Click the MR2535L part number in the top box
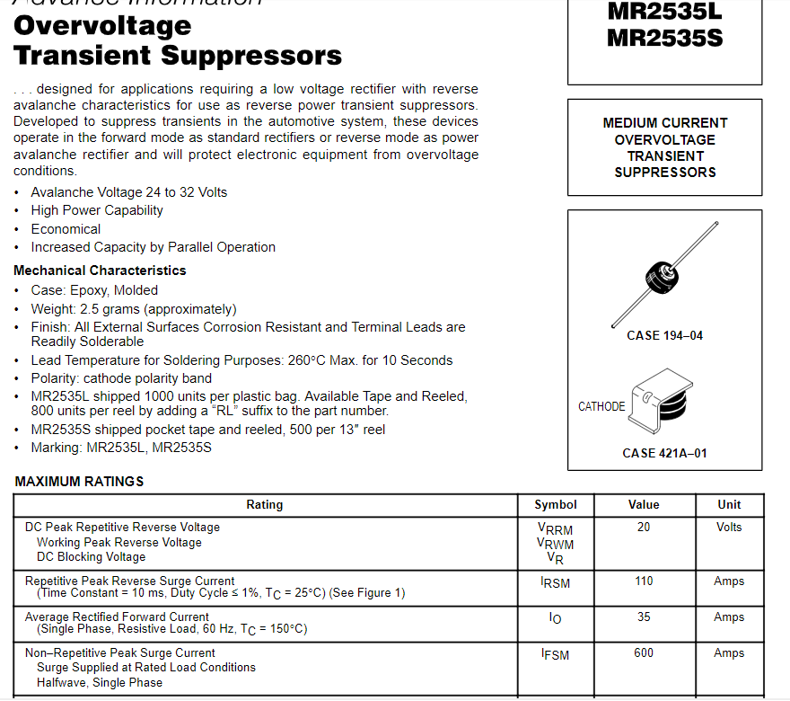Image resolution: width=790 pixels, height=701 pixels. (664, 12)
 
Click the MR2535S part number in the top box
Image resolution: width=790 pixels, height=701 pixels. (664, 38)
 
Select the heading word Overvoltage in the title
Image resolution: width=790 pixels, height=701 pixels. (102, 25)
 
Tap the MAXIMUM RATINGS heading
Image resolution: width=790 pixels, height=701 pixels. (79, 482)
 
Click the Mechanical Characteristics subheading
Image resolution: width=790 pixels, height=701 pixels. (100, 271)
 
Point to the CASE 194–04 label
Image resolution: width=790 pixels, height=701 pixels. (664, 335)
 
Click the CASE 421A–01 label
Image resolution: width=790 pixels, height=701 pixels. (664, 453)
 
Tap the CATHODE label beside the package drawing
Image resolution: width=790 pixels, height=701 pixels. (601, 406)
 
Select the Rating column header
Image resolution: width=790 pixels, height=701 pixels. (265, 505)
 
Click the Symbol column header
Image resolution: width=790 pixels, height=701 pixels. (555, 505)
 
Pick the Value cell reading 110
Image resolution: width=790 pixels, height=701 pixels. (644, 581)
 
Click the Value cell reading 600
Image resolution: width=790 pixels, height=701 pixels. (644, 653)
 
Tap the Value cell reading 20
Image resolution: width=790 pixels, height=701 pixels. (644, 528)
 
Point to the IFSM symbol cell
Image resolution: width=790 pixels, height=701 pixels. (555, 655)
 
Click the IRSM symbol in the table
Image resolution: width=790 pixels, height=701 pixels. (555, 583)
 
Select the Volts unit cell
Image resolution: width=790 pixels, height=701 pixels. (729, 528)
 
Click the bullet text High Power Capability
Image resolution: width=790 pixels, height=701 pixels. (97, 210)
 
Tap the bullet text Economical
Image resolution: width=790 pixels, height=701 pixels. (66, 229)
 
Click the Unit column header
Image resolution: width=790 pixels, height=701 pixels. (729, 505)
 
